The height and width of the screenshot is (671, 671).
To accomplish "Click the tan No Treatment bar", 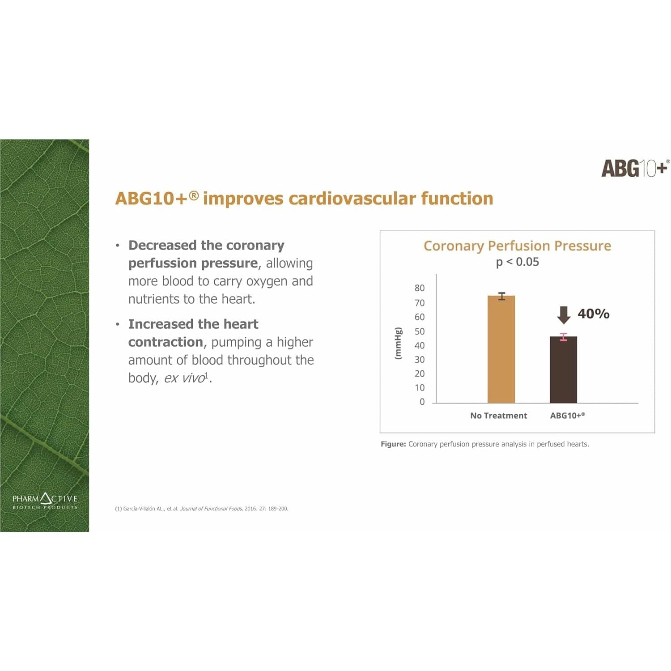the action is coord(501,349).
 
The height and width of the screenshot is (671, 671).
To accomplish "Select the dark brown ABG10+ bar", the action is coord(563,369).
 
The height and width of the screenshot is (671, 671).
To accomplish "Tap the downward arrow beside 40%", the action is coord(564,315).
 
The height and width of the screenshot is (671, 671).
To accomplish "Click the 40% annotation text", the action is coord(594,314).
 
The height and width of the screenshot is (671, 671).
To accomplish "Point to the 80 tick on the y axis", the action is coord(420,288).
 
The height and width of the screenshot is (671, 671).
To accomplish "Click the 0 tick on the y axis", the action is coord(422,402).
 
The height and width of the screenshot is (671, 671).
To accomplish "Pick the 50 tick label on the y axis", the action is coord(420,331).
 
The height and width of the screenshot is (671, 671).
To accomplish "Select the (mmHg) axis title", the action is coord(398,343).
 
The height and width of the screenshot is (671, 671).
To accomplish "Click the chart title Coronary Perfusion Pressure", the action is coord(517,246).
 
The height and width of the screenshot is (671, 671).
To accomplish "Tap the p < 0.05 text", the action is coord(518,262).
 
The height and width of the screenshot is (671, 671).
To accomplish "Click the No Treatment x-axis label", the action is coord(499,416).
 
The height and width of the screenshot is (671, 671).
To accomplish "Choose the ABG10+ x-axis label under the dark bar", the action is coord(567,416).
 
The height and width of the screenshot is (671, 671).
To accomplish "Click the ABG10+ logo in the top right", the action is coord(635,168).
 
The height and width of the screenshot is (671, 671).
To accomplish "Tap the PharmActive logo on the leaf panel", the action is coord(45,501).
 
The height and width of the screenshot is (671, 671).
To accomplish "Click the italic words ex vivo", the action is coord(184,378).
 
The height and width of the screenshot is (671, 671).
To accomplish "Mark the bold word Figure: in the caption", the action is coord(393,444).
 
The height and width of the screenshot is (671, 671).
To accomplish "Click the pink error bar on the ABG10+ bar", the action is coord(564,337).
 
